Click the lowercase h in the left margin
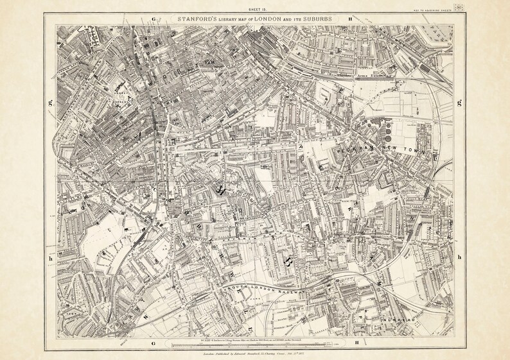point(48,257)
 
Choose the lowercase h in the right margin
point(459,257)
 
